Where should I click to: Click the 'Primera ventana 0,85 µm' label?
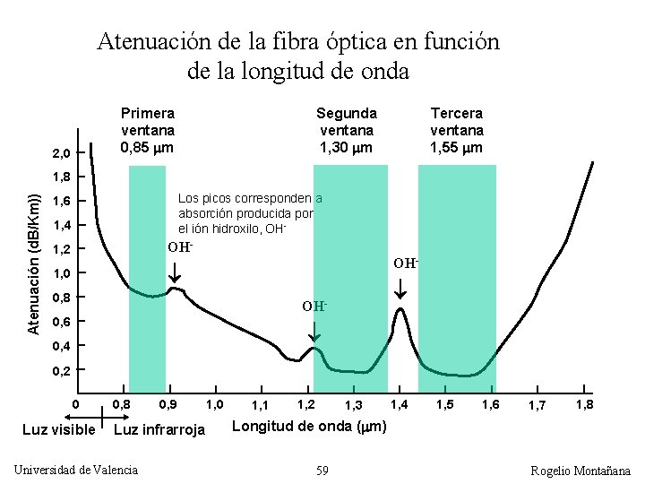(148, 130)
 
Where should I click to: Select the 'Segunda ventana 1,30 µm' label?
(347, 130)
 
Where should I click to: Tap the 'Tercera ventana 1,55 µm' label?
(456, 130)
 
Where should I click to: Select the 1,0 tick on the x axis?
(215, 405)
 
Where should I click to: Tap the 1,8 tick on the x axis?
(583, 405)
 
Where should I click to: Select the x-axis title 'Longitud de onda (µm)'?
(309, 426)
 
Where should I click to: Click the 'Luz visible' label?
(58, 429)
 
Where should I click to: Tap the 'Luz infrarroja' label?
(159, 429)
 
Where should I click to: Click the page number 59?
(322, 470)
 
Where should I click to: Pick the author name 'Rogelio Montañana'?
(580, 471)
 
